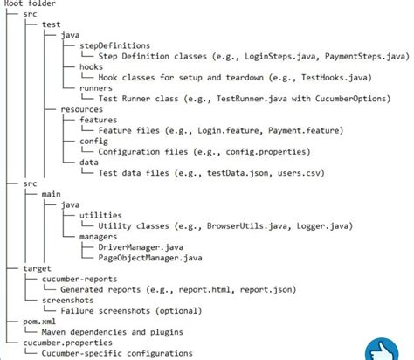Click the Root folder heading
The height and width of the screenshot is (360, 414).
(x=31, y=4)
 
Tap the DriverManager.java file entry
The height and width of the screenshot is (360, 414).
(x=141, y=246)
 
